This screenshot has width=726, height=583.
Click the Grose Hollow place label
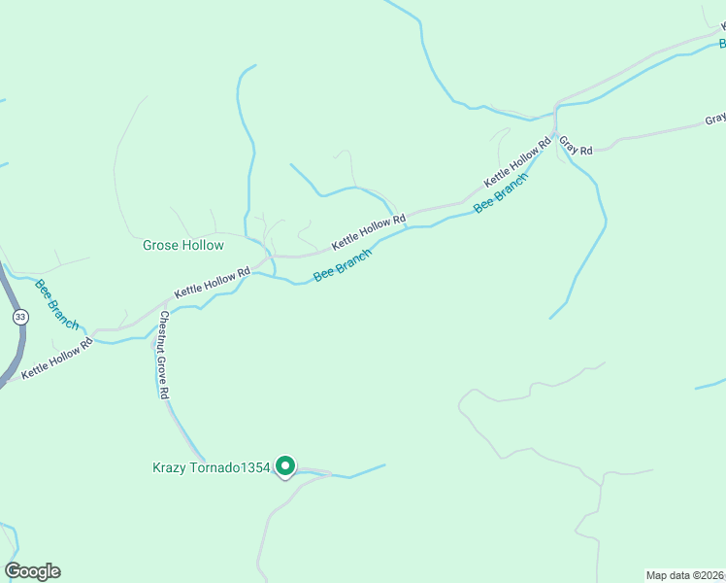point(183,246)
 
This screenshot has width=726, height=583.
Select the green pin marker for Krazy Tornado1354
point(285,467)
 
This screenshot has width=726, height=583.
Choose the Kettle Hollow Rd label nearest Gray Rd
point(517,161)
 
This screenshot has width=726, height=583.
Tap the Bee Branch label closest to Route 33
point(56,304)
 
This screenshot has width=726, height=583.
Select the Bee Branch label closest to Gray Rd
point(501,194)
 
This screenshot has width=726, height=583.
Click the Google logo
point(32,571)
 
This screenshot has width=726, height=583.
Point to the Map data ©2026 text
point(685,574)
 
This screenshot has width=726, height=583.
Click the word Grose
point(161,246)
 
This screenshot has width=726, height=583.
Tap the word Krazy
point(170,467)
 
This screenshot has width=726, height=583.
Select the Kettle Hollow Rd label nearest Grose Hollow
point(212,281)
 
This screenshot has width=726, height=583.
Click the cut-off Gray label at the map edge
point(715,120)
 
